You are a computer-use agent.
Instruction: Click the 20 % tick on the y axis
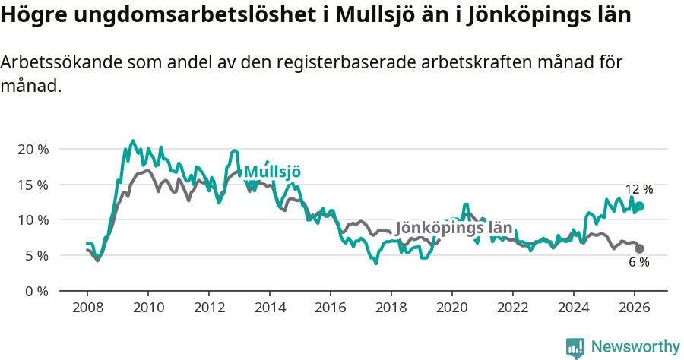click(x=33, y=149)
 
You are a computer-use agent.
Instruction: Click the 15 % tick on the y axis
click(x=33, y=185)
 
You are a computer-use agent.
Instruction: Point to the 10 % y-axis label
click(x=33, y=220)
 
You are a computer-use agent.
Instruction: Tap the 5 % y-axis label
click(x=36, y=256)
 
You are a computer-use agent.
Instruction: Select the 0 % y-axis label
click(x=36, y=291)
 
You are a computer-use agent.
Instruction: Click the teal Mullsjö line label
click(x=272, y=172)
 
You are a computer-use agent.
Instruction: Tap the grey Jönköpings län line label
click(x=454, y=228)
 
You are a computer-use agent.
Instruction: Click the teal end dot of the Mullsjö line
click(x=639, y=206)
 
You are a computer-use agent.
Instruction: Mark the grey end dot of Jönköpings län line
click(x=639, y=248)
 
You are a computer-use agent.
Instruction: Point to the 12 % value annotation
click(x=638, y=189)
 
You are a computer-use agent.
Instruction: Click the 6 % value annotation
click(x=638, y=263)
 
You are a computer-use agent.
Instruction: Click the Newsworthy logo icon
click(x=575, y=347)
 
